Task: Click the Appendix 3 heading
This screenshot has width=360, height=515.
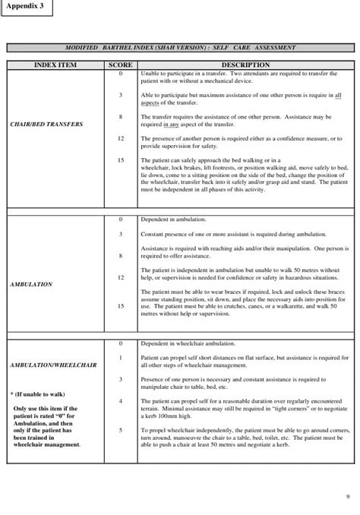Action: pos(27,6)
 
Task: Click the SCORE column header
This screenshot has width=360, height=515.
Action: pos(121,65)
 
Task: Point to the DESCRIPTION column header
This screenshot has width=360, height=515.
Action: pos(246,65)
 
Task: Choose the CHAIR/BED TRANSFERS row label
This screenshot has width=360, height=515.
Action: pos(47,124)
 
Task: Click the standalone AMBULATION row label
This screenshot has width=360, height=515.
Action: pos(31,284)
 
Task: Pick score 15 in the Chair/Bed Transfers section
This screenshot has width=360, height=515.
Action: pos(121,161)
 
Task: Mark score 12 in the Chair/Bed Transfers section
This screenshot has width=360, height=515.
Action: pos(121,139)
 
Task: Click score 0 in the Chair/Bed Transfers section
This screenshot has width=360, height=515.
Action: pos(121,74)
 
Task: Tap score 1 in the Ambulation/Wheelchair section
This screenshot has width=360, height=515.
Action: pos(121,356)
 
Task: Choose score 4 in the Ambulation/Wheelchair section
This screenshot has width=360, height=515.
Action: pos(121,400)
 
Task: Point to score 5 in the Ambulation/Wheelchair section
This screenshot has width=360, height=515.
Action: pos(121,429)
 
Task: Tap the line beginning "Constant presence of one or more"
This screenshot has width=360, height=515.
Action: pos(228,234)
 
